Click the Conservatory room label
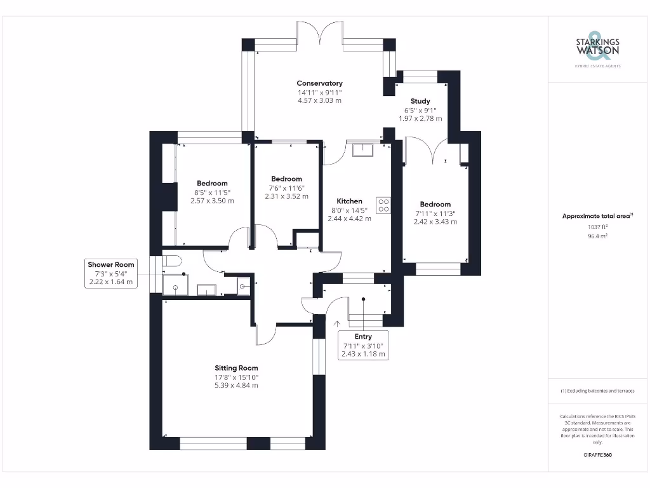pos(320,83)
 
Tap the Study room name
pos(420,101)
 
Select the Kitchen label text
pos(350,201)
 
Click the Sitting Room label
pos(236,368)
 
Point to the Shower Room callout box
pos(111,273)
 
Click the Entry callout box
pos(363,345)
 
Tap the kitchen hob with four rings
pos(383,205)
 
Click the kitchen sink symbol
pos(362,150)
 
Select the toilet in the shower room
pos(171,261)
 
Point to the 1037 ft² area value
pos(597,227)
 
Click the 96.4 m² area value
pos(597,236)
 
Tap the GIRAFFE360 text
pos(597,455)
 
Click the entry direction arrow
pos(337,324)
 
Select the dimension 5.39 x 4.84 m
pos(236,386)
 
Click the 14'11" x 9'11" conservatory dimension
pos(320,93)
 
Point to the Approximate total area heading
pos(597,216)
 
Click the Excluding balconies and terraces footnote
pos(597,391)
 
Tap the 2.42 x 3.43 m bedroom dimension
pos(435,222)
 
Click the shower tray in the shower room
pos(175,285)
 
